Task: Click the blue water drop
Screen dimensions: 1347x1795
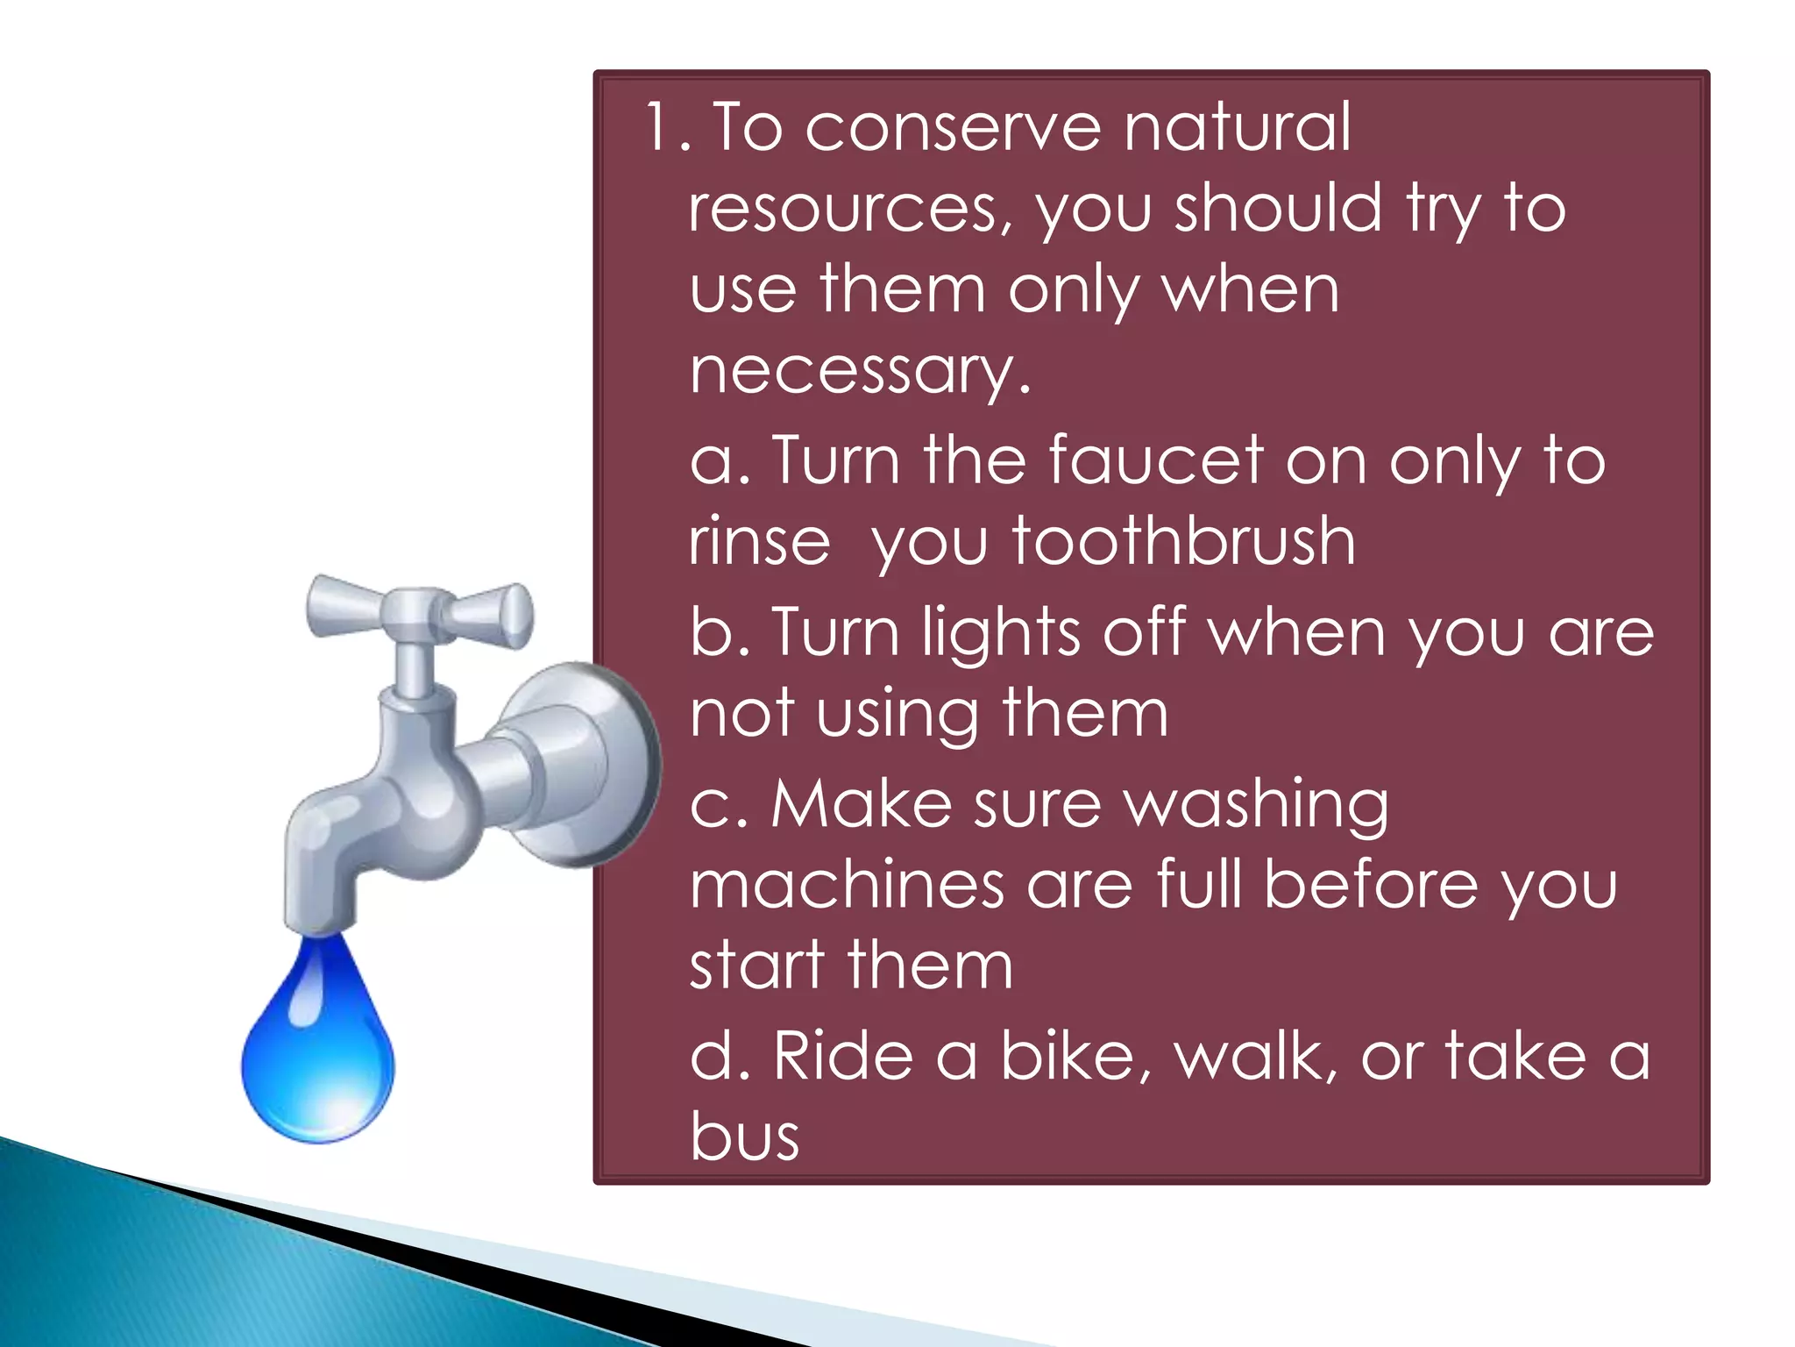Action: pyautogui.click(x=317, y=1052)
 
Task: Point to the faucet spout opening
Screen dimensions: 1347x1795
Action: pyautogui.click(x=320, y=923)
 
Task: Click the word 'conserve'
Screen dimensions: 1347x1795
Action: pyautogui.click(x=952, y=128)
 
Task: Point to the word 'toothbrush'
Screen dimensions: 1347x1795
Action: pyautogui.click(x=1183, y=541)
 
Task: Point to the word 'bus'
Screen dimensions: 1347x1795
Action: pyautogui.click(x=744, y=1137)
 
